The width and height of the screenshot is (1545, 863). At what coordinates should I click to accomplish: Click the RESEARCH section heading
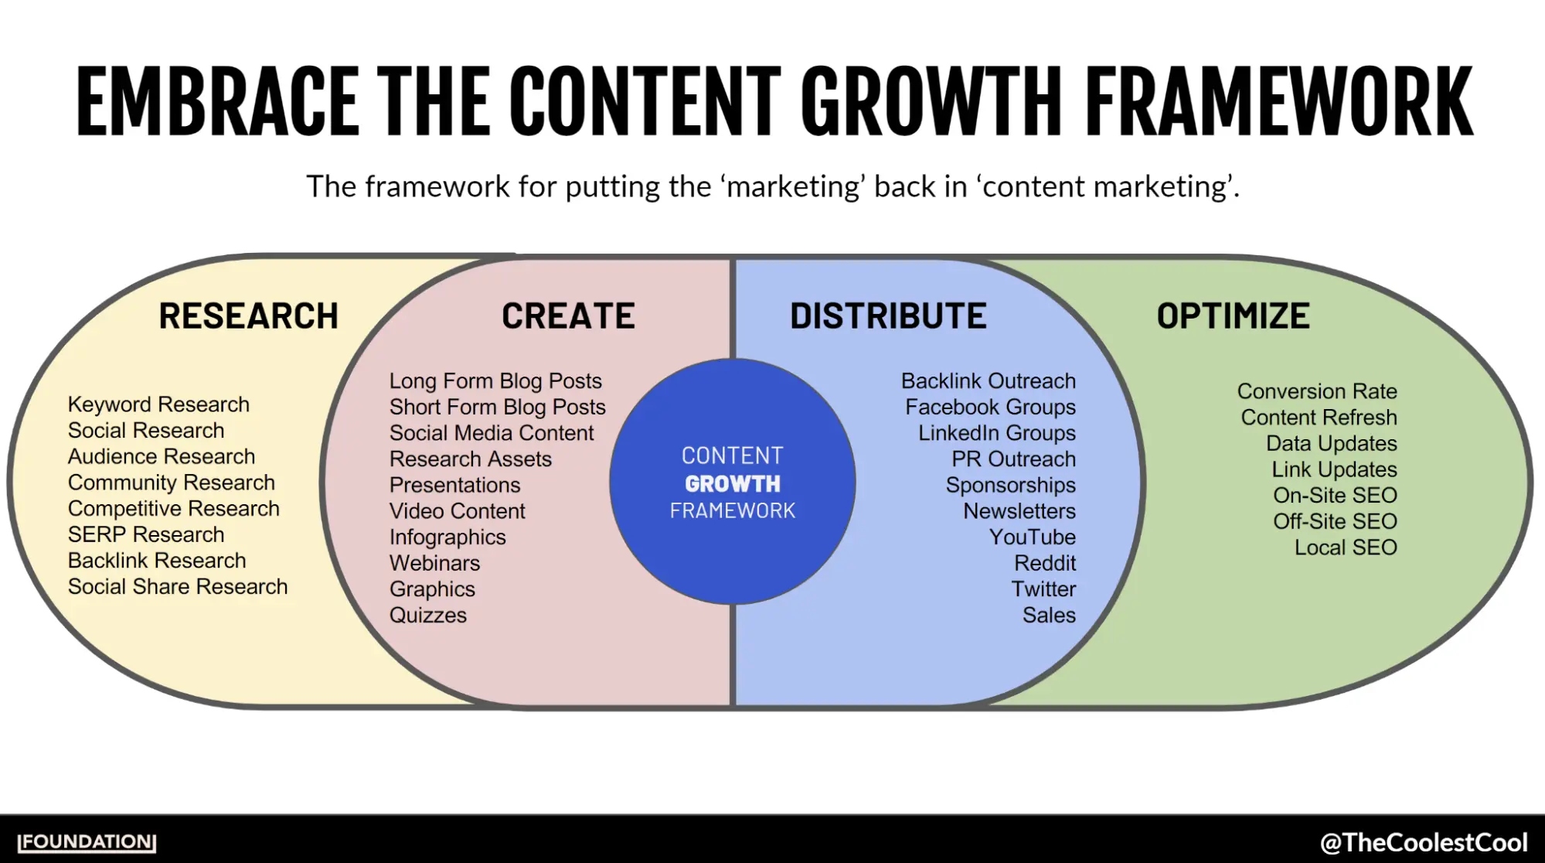(x=248, y=316)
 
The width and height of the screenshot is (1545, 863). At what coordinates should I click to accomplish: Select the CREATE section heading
(x=568, y=316)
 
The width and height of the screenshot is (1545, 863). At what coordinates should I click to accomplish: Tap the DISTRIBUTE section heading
(x=888, y=316)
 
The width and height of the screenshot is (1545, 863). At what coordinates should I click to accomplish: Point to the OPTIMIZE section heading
(x=1233, y=316)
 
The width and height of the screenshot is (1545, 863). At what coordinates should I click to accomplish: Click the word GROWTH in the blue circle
(x=733, y=484)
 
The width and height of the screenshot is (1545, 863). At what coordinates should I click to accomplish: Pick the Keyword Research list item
(x=158, y=404)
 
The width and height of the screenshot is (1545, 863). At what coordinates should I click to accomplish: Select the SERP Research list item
(x=146, y=534)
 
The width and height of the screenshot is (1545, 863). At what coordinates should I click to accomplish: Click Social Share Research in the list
(x=178, y=587)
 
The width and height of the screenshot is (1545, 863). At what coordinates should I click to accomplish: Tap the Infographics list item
(x=448, y=537)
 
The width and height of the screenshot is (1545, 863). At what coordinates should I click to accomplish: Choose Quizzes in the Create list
(x=428, y=616)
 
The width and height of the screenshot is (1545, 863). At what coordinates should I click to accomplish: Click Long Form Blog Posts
(x=495, y=381)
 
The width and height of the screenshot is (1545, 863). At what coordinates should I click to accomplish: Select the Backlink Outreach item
(x=988, y=381)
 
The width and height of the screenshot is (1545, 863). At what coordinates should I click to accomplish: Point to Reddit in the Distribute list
(x=1044, y=563)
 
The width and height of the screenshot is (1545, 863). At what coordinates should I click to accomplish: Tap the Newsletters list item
(x=1019, y=511)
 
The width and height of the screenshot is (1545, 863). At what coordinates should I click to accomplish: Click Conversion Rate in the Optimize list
(x=1317, y=391)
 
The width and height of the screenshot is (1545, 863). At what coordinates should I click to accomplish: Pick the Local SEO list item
(x=1346, y=547)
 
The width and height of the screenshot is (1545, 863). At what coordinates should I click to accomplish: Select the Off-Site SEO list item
(x=1335, y=521)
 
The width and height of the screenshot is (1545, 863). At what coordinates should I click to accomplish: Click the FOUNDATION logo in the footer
(x=87, y=842)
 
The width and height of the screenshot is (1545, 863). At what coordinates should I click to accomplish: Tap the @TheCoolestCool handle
(x=1423, y=842)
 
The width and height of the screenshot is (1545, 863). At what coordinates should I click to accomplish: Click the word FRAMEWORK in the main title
(x=1279, y=102)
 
